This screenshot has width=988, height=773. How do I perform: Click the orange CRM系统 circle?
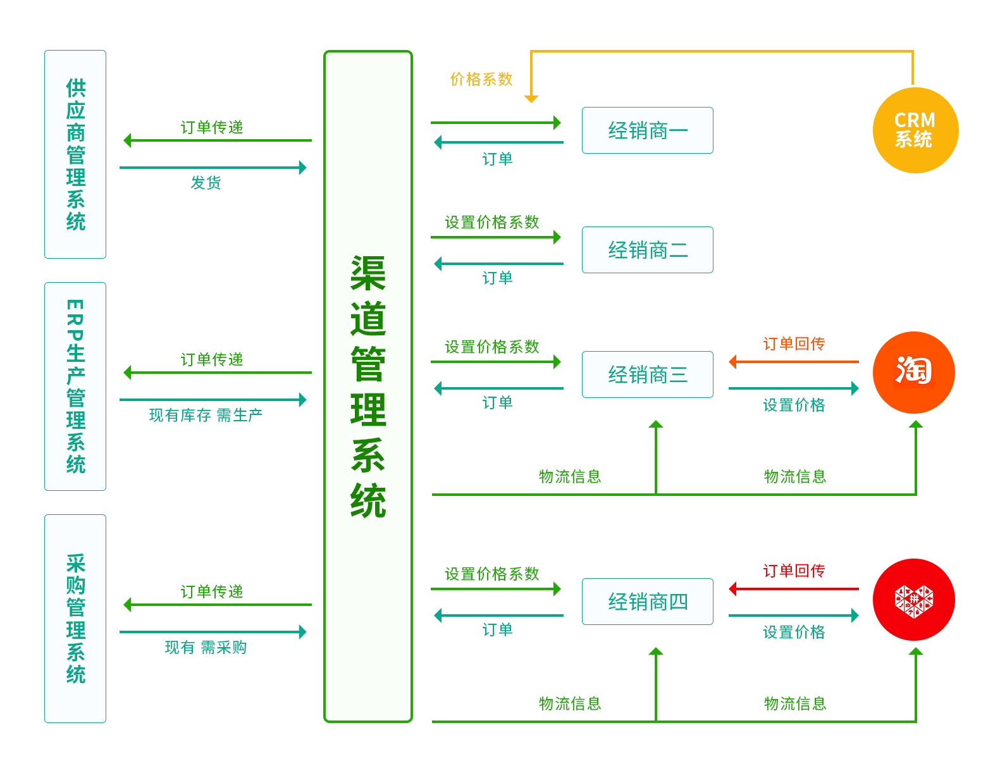(915, 130)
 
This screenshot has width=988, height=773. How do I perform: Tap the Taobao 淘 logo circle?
(913, 373)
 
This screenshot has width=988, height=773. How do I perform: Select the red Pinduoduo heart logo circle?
(913, 600)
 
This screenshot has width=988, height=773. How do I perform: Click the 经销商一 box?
(647, 130)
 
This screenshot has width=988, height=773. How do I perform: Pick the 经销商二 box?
(647, 250)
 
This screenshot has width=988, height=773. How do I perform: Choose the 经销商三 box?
(647, 374)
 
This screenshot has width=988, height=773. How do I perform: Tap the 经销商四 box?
(647, 602)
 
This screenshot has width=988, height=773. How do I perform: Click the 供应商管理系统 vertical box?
(75, 154)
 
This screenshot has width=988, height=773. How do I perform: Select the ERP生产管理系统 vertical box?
(75, 386)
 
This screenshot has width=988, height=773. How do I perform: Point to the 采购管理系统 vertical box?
(75, 619)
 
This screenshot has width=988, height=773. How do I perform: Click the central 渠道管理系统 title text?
(368, 386)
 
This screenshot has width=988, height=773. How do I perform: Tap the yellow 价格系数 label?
(481, 79)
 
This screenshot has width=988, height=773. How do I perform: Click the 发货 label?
(206, 183)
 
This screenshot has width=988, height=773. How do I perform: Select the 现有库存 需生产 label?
(206, 415)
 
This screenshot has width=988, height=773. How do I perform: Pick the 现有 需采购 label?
(206, 647)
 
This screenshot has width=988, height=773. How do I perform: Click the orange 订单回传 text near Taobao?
(794, 343)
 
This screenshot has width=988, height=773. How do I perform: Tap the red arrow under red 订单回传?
(794, 589)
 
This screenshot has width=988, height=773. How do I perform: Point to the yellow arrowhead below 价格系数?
(531, 99)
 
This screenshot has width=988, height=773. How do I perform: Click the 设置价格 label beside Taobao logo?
(794, 405)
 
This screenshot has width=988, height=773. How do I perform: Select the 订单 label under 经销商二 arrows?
(497, 278)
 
